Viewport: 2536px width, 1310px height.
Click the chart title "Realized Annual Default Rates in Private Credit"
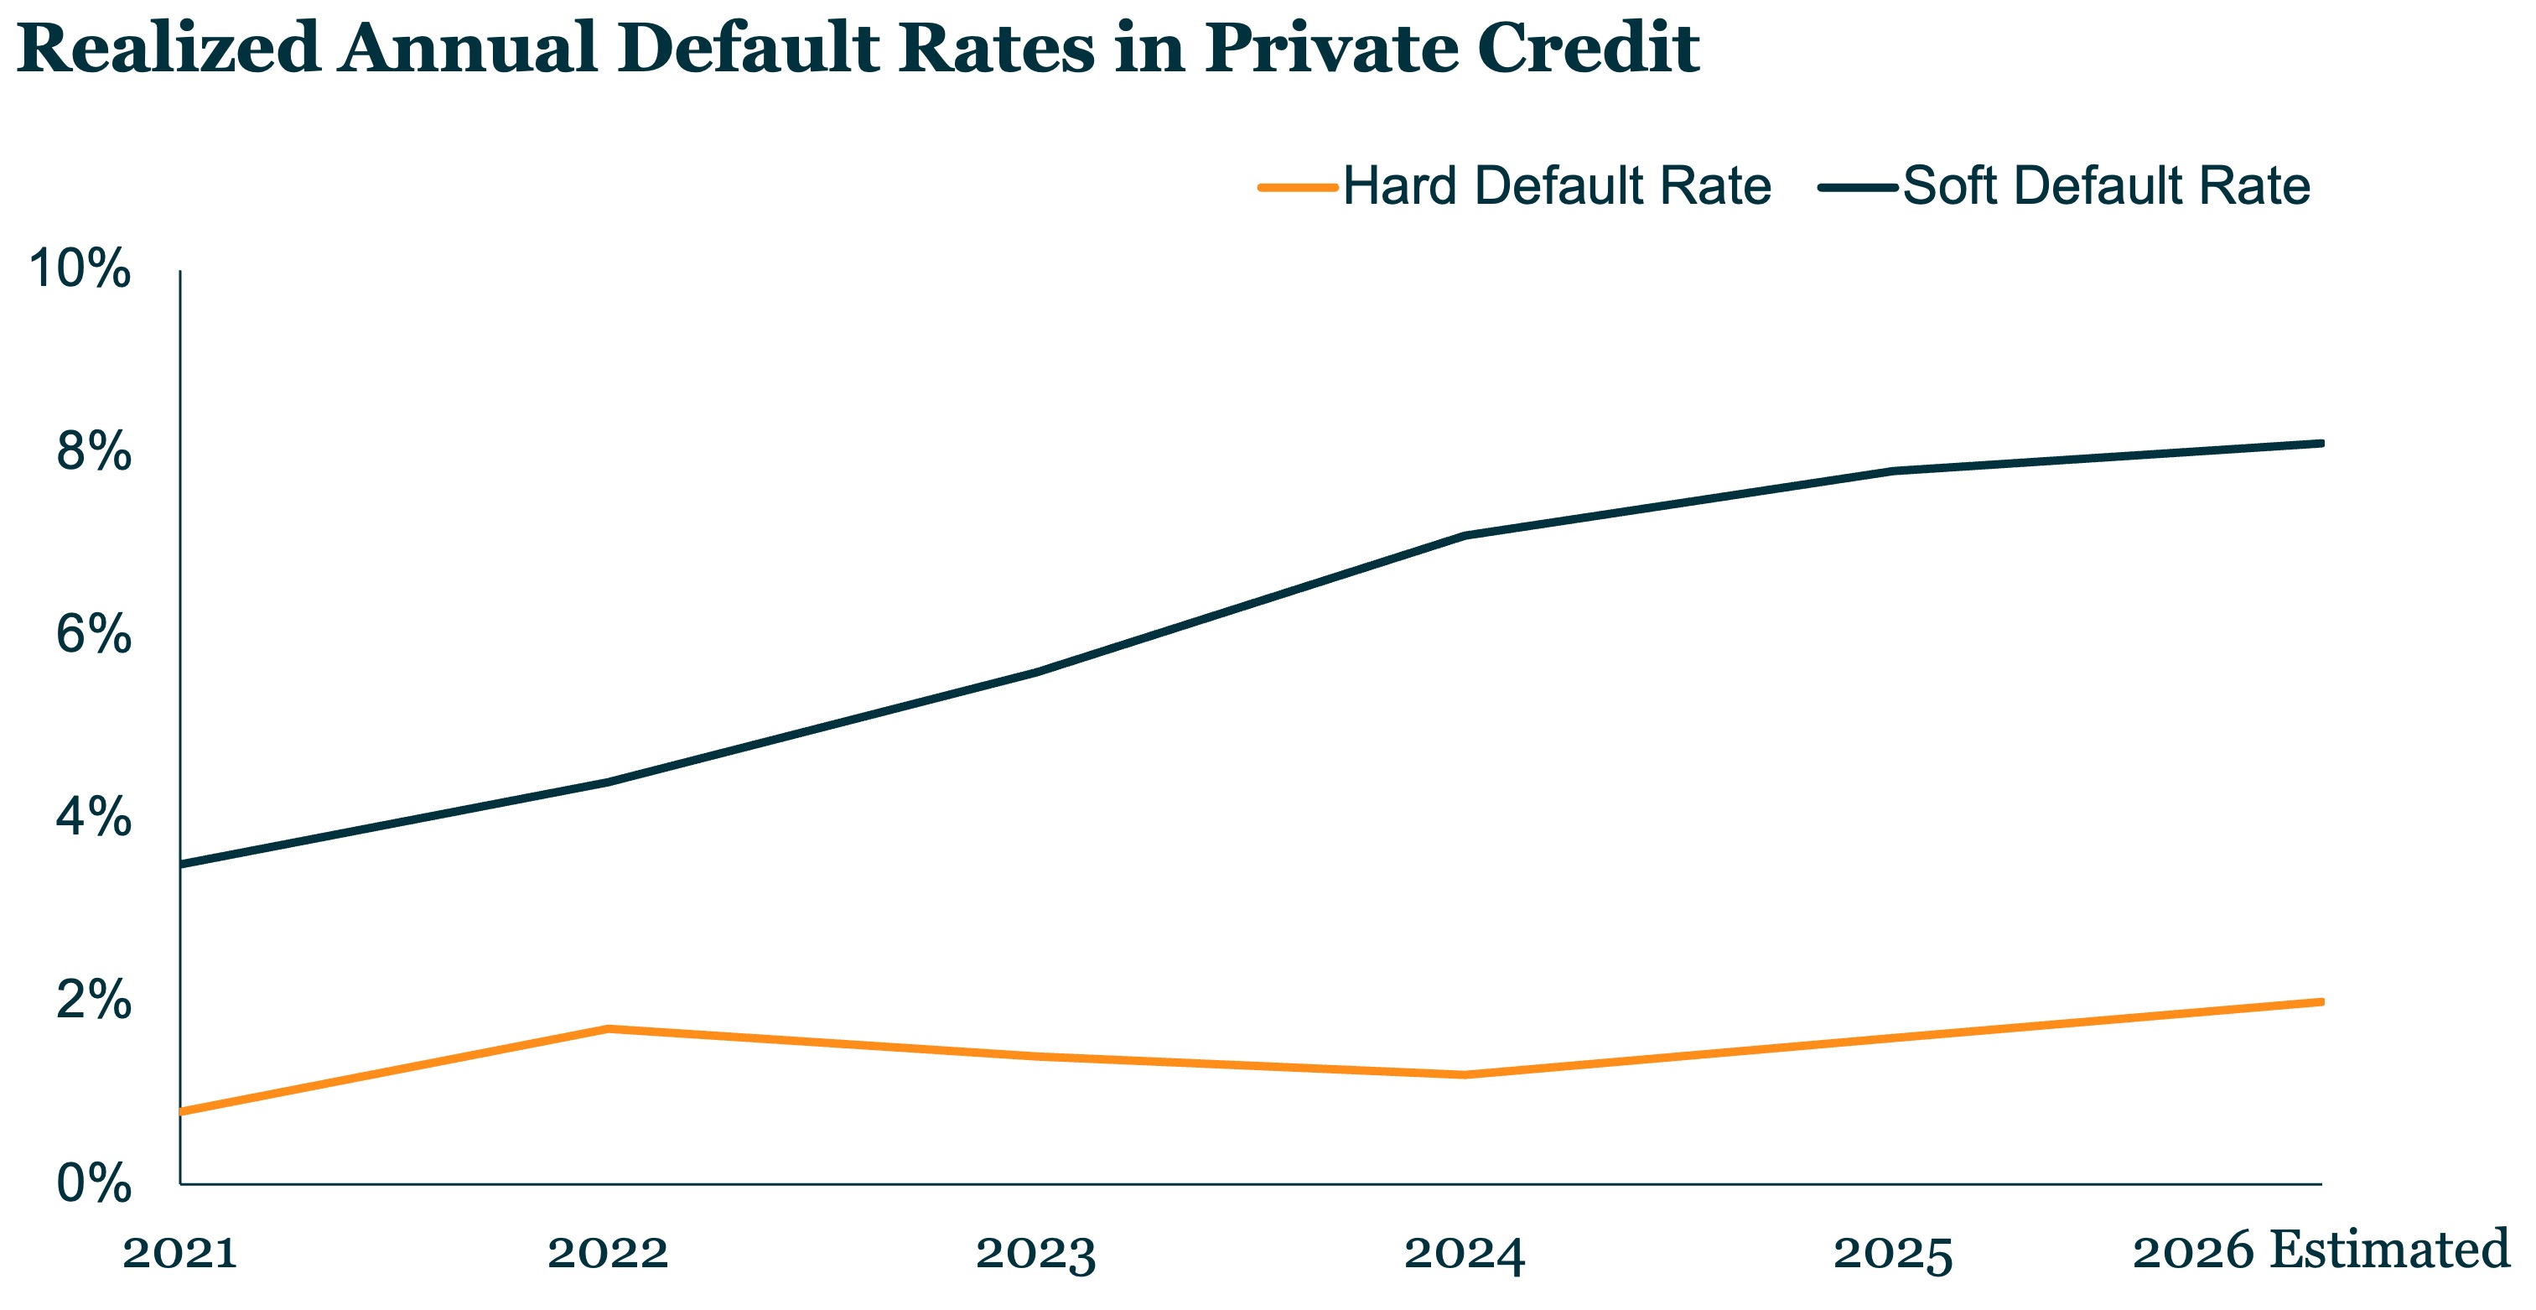(858, 47)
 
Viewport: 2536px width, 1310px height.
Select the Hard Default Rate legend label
(1558, 185)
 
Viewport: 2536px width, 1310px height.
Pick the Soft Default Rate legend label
(2107, 185)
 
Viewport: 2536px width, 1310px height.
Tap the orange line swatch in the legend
(1299, 186)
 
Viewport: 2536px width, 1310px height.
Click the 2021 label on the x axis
(180, 1253)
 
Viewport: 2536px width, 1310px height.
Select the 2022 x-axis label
(609, 1253)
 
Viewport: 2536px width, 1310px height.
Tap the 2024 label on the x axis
(1465, 1254)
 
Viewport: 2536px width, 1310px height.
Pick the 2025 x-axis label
(1893, 1254)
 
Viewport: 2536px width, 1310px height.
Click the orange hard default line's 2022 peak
(609, 1028)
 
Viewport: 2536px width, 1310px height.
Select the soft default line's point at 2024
(1465, 535)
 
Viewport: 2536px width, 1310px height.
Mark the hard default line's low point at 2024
(1465, 1074)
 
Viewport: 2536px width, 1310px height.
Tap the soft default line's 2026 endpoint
(2321, 443)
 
